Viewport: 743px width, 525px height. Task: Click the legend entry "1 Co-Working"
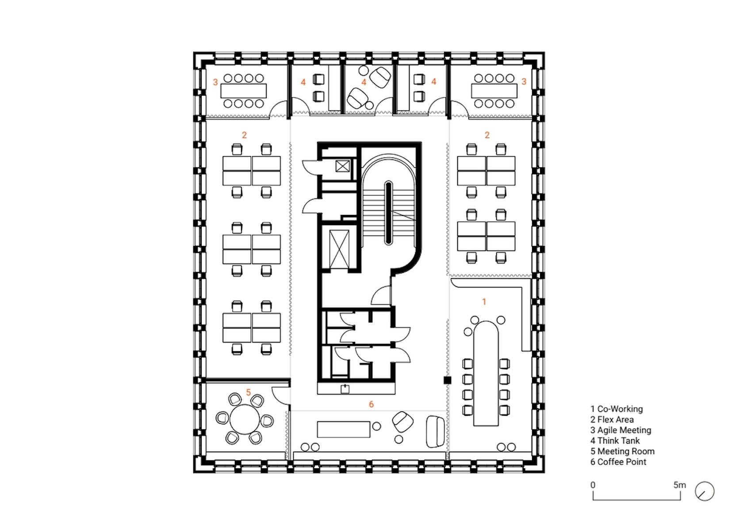click(617, 409)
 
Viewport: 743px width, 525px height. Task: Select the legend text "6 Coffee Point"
click(618, 462)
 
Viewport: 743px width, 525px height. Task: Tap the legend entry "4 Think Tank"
click(615, 441)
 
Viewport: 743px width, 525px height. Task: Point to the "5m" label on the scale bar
click(680, 485)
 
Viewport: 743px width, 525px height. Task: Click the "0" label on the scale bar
click(593, 485)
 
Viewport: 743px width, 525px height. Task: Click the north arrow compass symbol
click(705, 491)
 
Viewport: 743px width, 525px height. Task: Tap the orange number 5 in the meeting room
click(249, 392)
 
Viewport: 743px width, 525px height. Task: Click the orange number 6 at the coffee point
click(371, 404)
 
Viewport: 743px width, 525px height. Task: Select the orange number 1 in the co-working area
click(484, 302)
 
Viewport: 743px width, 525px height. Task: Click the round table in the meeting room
click(245, 419)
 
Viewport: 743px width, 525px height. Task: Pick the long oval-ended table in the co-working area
click(486, 373)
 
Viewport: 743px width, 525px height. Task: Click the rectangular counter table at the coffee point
click(343, 429)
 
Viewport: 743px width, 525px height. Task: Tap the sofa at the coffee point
click(435, 432)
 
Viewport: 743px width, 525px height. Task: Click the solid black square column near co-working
click(448, 380)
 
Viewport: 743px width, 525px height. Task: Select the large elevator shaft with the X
click(339, 249)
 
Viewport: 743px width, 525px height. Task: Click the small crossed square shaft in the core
click(342, 166)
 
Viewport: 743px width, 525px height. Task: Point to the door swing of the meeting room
click(280, 395)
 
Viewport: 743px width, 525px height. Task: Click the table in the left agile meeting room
click(243, 91)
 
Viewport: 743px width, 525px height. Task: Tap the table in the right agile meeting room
click(494, 91)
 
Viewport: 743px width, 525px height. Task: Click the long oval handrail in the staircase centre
click(388, 213)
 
